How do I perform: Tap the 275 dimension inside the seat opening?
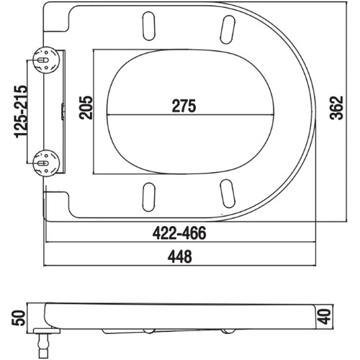[x=184, y=106]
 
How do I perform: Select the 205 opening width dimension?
[x=86, y=107]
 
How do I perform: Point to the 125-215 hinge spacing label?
[x=21, y=111]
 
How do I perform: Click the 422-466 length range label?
[x=179, y=233]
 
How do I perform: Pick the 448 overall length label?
[x=180, y=256]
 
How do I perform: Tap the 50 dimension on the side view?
[x=19, y=318]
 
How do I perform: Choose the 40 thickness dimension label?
[x=325, y=317]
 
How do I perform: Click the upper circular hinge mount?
[x=46, y=60]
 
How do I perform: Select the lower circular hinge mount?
[x=46, y=163]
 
